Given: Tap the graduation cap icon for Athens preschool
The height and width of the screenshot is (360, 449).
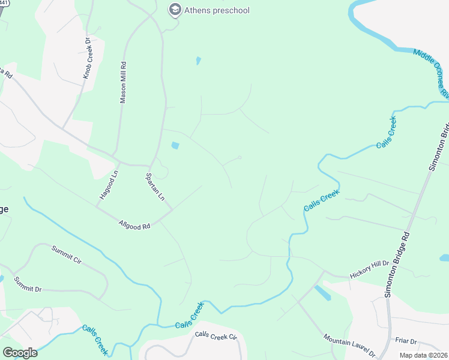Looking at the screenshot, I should (x=175, y=10).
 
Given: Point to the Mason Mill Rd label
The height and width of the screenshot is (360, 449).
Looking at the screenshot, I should (x=124, y=82).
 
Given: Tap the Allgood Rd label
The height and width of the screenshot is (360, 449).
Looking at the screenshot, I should (x=134, y=224).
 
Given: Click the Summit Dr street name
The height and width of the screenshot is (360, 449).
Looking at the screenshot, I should (x=28, y=284).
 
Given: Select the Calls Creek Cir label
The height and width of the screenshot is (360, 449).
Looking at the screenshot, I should (x=216, y=337).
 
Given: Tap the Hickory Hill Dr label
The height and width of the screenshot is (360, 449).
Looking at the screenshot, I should (x=369, y=268).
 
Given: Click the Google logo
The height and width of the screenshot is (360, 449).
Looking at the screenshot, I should (x=20, y=353).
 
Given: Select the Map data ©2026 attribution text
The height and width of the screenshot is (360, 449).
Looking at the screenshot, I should (x=424, y=355).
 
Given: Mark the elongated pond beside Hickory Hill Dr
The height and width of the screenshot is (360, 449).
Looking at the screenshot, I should (x=322, y=293).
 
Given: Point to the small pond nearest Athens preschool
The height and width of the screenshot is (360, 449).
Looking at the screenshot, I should (x=198, y=61).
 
